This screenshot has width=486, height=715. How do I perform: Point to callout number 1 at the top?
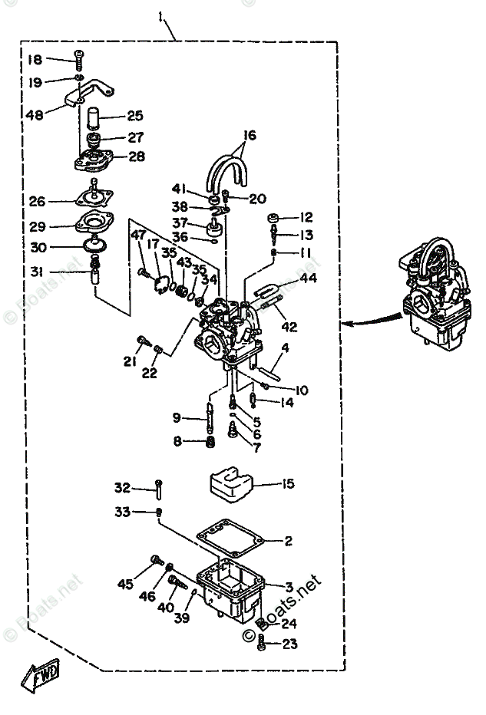click(x=163, y=16)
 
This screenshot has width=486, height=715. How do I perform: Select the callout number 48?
click(x=35, y=115)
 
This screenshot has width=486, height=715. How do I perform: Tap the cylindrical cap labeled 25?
click(x=94, y=117)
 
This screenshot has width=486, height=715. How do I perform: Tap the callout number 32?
click(x=123, y=487)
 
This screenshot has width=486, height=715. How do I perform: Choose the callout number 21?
click(x=128, y=361)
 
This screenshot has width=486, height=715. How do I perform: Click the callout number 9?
click(x=177, y=418)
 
